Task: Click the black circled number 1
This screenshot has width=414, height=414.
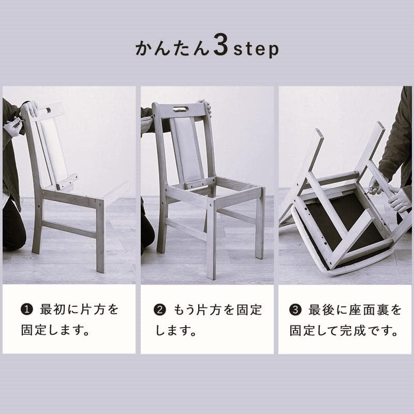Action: coord(26,310)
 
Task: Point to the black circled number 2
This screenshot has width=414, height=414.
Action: coord(160,310)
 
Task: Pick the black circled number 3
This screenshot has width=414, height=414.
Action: coord(295,310)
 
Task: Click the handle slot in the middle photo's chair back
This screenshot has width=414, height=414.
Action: coord(181,109)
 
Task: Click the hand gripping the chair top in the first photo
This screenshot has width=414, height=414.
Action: coord(31,108)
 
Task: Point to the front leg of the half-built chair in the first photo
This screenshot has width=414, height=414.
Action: coord(100,238)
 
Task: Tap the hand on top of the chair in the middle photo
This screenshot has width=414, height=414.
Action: coord(206,106)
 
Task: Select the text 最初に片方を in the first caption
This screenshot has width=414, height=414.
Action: coord(79,310)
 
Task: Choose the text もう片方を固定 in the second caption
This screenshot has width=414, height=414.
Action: coord(218,310)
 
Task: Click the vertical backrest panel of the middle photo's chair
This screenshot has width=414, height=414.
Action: coord(186,150)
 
